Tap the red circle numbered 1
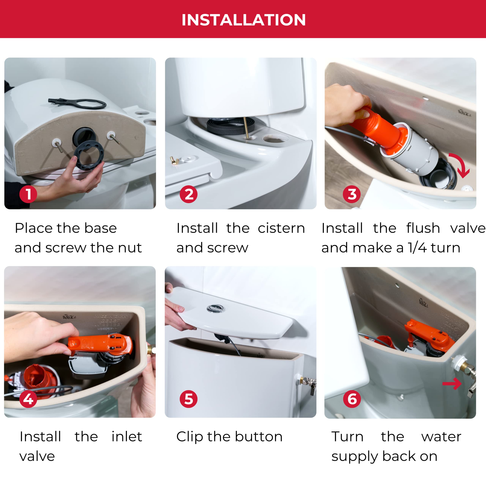28,194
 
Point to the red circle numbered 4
28,399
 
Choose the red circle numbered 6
352,399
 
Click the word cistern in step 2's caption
281,228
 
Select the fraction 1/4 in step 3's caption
417,248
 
